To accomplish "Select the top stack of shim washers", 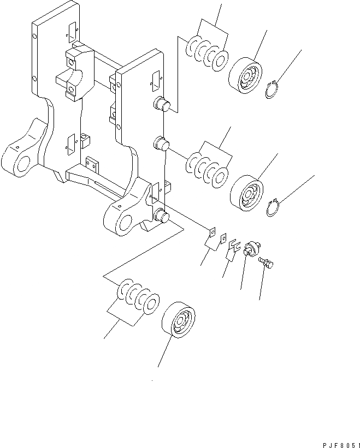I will click(208, 53).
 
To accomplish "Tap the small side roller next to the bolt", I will click(252, 249).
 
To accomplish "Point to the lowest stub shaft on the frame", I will click(161, 215).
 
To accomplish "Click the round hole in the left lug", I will click(19, 165).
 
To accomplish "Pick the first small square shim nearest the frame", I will click(211, 231).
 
